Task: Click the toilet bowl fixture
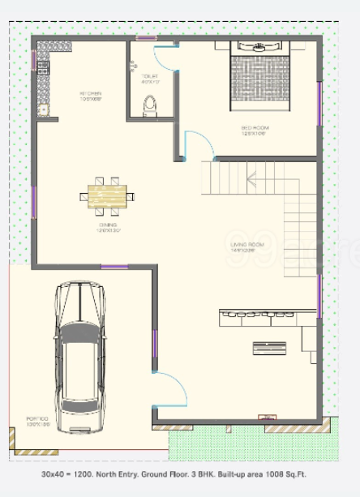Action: pyautogui.click(x=149, y=104)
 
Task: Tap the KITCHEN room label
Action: pyautogui.click(x=90, y=96)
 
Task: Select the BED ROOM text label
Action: pyautogui.click(x=255, y=131)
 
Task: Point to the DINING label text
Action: pyautogui.click(x=109, y=227)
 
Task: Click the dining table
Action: pyautogui.click(x=109, y=195)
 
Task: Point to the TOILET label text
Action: pyautogui.click(x=149, y=78)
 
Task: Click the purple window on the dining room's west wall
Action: pyautogui.click(x=33, y=202)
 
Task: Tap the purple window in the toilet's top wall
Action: pyautogui.click(x=146, y=37)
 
